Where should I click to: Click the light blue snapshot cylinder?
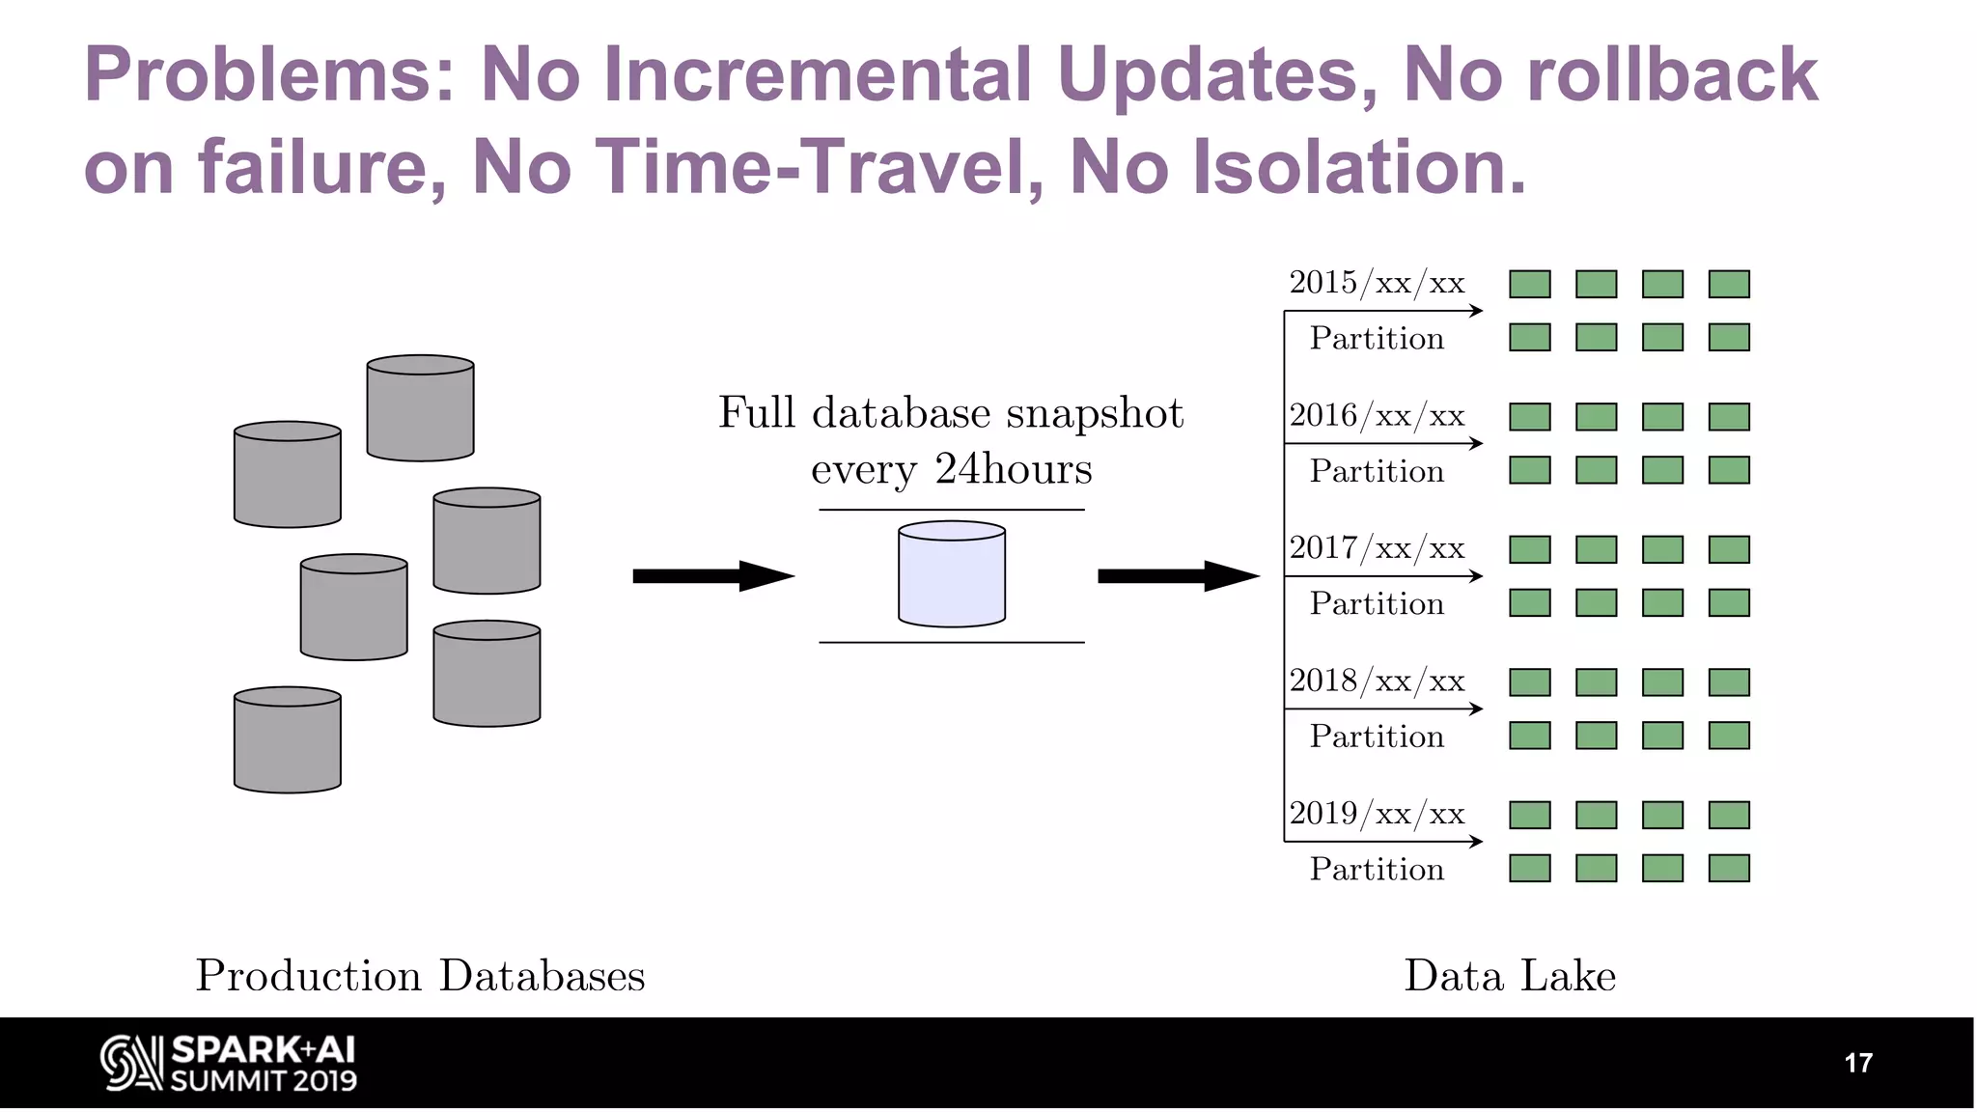951,574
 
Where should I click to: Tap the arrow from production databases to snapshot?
712,576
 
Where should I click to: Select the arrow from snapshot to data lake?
1178,576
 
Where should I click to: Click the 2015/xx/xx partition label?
1377,283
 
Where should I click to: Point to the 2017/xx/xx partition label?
1377,548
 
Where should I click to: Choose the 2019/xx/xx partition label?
1377,814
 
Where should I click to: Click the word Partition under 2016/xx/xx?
1377,471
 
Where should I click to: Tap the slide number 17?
1857,1063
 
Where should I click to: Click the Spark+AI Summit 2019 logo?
229,1063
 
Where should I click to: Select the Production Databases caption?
420,975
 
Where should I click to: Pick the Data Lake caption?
1509,975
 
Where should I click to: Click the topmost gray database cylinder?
420,407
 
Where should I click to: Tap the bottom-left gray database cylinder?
287,739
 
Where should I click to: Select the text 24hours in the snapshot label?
1013,469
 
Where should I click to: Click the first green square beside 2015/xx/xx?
1529,284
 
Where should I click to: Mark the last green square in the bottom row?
1728,868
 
